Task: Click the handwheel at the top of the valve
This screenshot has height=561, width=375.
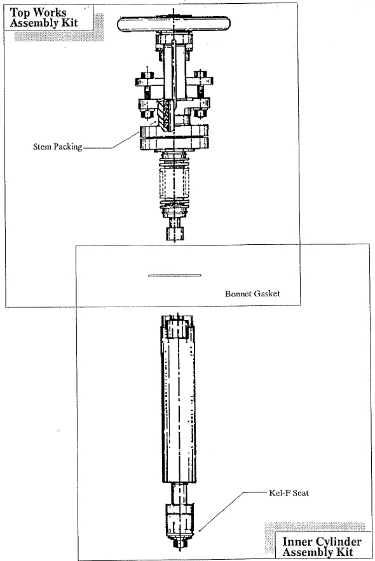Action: (x=174, y=24)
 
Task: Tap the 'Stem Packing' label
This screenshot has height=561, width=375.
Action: (x=58, y=147)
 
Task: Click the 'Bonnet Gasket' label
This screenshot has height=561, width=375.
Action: (x=252, y=294)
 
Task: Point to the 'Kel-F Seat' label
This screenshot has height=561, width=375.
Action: (x=289, y=493)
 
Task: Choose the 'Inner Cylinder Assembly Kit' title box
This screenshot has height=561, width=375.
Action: (x=322, y=547)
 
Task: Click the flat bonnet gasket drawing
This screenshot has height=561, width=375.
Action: (x=174, y=275)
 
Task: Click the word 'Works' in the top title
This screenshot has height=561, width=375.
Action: (x=50, y=13)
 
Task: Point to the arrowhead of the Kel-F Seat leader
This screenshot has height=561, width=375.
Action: (x=200, y=530)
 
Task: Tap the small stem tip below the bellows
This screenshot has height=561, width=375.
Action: (x=175, y=233)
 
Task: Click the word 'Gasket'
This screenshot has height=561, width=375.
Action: (x=267, y=294)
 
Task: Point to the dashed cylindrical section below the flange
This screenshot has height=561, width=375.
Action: (x=174, y=184)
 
